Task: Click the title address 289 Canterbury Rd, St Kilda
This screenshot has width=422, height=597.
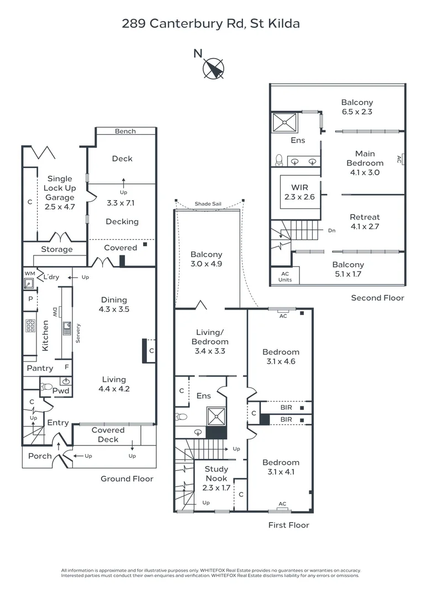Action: click(x=210, y=23)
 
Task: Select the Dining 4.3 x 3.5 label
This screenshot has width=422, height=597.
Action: click(x=114, y=305)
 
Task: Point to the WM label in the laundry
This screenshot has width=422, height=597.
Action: click(x=29, y=274)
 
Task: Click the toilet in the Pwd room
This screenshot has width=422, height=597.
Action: click(x=48, y=386)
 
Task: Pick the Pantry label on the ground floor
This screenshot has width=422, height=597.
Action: click(x=40, y=368)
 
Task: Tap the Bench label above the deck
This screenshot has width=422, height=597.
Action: click(x=125, y=131)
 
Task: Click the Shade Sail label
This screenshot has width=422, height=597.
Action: click(x=208, y=204)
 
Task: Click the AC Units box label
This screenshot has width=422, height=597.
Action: click(x=285, y=276)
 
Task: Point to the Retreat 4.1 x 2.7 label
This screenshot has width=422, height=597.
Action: click(x=365, y=222)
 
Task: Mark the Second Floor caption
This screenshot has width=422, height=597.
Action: click(x=377, y=298)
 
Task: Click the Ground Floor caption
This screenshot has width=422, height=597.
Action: click(x=126, y=479)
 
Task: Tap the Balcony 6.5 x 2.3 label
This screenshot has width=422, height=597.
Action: click(x=357, y=107)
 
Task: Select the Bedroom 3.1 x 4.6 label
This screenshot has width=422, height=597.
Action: click(x=281, y=357)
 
